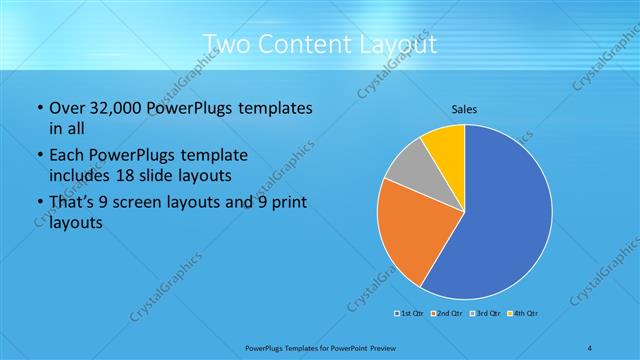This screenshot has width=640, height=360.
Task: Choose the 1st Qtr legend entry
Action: [408, 314]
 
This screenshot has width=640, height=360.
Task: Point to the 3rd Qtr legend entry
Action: [486, 314]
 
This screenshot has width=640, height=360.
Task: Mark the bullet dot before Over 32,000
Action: [39, 108]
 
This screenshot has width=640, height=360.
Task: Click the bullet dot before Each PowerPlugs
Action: [39, 156]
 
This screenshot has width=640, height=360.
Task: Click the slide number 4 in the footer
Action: [590, 348]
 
